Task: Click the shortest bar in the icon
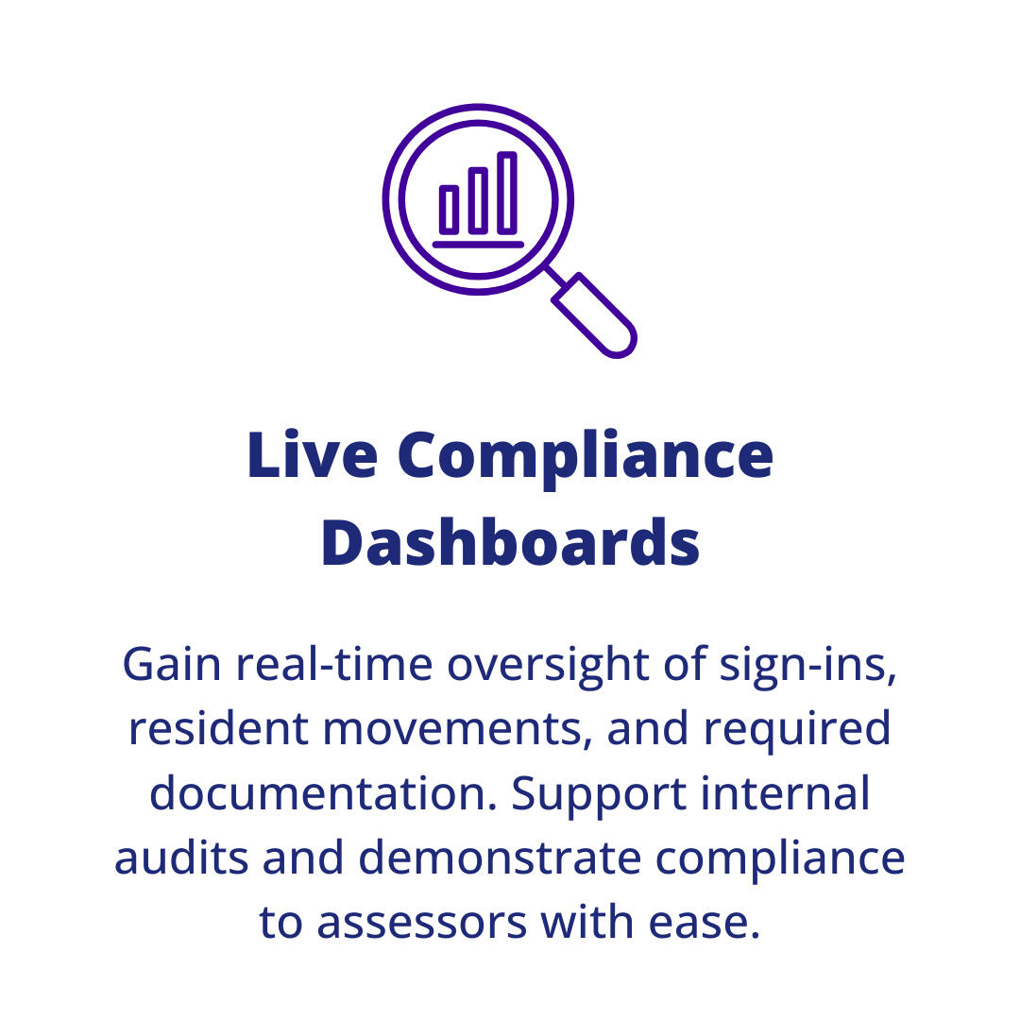click(x=450, y=210)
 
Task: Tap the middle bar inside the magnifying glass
click(x=479, y=200)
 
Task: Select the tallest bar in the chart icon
click(x=507, y=193)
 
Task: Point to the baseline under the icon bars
click(x=478, y=245)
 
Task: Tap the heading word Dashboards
click(x=510, y=543)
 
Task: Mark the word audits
click(x=181, y=858)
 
